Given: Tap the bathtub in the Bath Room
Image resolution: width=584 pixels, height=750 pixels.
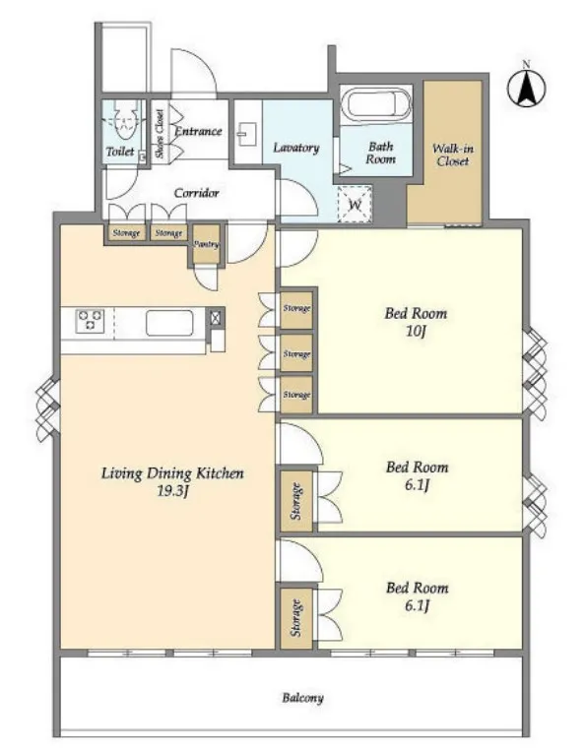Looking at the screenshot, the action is (377, 105).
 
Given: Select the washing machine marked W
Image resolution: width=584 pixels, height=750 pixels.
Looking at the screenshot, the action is (355, 205).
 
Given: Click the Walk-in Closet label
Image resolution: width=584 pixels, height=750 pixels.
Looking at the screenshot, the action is (453, 155).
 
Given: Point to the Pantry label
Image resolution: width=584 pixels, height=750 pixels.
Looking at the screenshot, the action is (206, 244).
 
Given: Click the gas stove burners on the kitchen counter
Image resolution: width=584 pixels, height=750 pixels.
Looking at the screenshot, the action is (90, 321).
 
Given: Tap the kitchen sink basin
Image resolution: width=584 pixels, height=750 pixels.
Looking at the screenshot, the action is (170, 323).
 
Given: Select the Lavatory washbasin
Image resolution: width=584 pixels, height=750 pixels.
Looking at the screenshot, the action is (247, 134).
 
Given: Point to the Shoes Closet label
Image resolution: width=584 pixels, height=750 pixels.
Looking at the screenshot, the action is (160, 134).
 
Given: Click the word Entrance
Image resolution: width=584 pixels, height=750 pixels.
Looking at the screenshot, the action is (198, 131).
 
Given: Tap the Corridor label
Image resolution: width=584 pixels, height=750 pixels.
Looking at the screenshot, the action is (196, 193).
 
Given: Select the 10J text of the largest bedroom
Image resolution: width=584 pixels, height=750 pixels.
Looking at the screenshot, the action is (415, 331).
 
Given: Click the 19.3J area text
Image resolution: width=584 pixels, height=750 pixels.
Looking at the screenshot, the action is (171, 491).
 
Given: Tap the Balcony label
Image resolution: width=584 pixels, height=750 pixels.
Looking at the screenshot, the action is (302, 698).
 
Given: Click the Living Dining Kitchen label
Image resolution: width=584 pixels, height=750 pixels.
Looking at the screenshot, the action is (172, 473).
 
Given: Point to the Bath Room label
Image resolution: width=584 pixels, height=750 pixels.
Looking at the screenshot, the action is (380, 153).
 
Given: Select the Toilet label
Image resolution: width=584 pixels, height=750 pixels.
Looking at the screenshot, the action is (120, 152).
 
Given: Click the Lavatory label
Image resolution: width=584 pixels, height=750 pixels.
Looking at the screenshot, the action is (295, 148).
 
